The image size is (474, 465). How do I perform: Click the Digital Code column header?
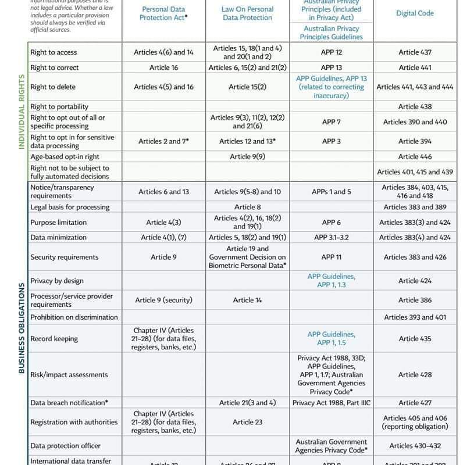click(415, 13)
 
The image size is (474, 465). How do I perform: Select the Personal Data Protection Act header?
click(163, 13)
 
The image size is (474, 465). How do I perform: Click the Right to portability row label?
click(59, 106)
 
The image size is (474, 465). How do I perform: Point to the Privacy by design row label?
click(57, 281)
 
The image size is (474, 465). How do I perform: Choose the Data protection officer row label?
click(66, 446)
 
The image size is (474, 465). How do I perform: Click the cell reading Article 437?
click(415, 52)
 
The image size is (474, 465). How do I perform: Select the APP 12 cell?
click(331, 52)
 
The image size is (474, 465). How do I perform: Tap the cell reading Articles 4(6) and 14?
click(163, 52)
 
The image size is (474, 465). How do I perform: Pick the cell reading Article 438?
click(415, 106)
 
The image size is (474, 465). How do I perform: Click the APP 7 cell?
click(331, 122)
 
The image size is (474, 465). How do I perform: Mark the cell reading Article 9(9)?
click(247, 156)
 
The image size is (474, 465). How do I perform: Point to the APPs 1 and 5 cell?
click(331, 192)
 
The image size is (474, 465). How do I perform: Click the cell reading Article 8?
click(247, 207)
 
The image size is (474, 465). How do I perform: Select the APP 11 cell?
click(331, 257)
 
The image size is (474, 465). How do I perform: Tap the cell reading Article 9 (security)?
click(163, 300)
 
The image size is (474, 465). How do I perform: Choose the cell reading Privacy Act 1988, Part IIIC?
click(331, 403)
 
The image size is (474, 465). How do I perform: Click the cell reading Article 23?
click(247, 423)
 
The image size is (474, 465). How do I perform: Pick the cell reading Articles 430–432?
click(415, 446)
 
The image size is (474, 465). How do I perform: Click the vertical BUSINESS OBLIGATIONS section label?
click(22, 328)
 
